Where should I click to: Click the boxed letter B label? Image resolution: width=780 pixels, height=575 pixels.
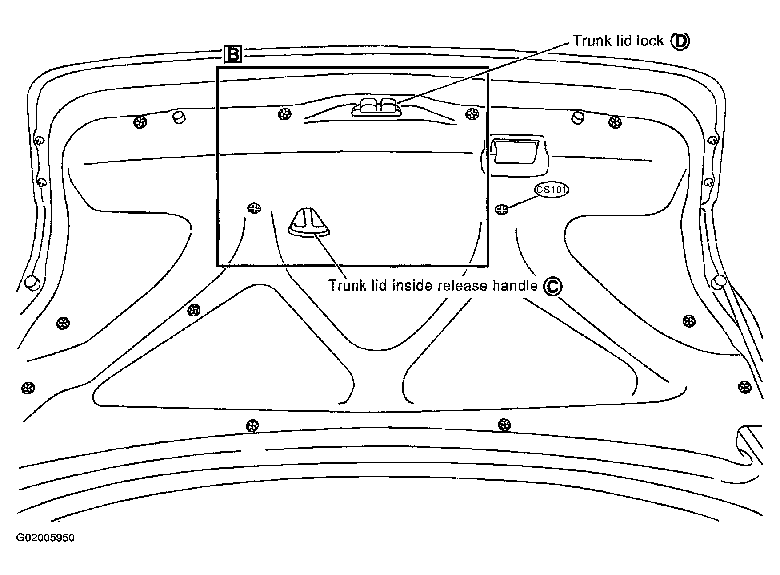pyautogui.click(x=232, y=54)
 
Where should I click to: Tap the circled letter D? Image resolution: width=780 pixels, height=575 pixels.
pyautogui.click(x=680, y=41)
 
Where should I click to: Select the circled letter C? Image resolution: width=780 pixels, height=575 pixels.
pyautogui.click(x=552, y=286)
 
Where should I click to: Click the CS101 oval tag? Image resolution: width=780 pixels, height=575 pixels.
pyautogui.click(x=552, y=190)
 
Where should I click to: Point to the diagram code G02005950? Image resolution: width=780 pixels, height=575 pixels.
pyautogui.click(x=45, y=538)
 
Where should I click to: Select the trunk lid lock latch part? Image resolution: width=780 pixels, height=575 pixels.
pyautogui.click(x=376, y=108)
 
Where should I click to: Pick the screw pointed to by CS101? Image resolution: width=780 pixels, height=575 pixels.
pyautogui.click(x=502, y=209)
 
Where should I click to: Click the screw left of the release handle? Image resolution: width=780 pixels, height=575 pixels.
pyautogui.click(x=254, y=208)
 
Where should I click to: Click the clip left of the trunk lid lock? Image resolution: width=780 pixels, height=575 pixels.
pyautogui.click(x=284, y=114)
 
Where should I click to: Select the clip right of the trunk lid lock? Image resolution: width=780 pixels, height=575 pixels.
pyautogui.click(x=471, y=114)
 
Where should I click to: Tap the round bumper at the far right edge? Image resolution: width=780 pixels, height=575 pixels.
pyautogui.click(x=719, y=281)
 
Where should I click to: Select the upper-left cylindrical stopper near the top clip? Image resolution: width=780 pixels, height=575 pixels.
pyautogui.click(x=179, y=117)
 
